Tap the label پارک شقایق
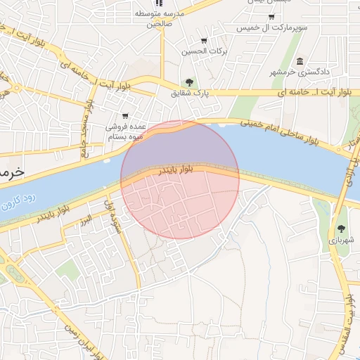click(190, 93)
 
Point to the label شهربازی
click(342, 240)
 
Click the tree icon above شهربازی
click(341, 228)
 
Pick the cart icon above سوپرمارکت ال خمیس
click(271, 15)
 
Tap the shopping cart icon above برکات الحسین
click(204, 40)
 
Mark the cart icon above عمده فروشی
click(125, 116)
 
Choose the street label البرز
click(86, 221)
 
